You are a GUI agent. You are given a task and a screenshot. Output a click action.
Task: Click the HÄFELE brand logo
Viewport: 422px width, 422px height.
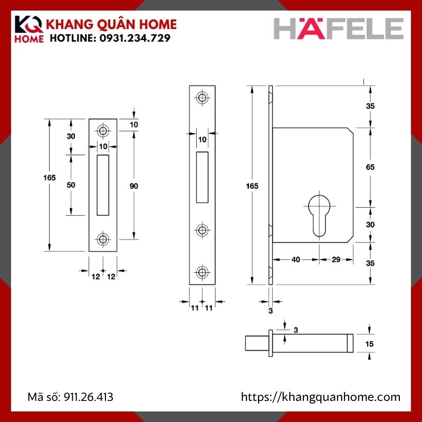(x=338, y=29)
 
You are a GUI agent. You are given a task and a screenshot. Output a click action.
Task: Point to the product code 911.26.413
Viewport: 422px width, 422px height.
(x=88, y=397)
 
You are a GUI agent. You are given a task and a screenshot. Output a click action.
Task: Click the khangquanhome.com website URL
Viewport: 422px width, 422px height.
(x=321, y=397)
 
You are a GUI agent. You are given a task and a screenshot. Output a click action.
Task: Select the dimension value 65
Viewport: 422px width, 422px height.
(x=370, y=167)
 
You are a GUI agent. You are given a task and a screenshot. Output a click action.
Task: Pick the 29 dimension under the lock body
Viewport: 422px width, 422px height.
(x=335, y=260)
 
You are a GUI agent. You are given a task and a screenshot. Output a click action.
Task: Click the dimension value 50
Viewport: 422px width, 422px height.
(x=71, y=185)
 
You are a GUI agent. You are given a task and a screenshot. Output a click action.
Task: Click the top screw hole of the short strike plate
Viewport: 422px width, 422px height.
(x=103, y=130)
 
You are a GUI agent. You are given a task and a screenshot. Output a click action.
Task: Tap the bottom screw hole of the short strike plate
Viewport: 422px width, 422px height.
(x=103, y=239)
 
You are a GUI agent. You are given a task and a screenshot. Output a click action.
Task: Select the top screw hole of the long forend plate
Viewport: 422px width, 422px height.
(x=202, y=98)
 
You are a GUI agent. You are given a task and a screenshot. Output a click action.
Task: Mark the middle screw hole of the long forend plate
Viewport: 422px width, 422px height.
(x=202, y=230)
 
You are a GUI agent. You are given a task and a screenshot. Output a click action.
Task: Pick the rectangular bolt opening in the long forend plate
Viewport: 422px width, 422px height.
(x=202, y=177)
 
